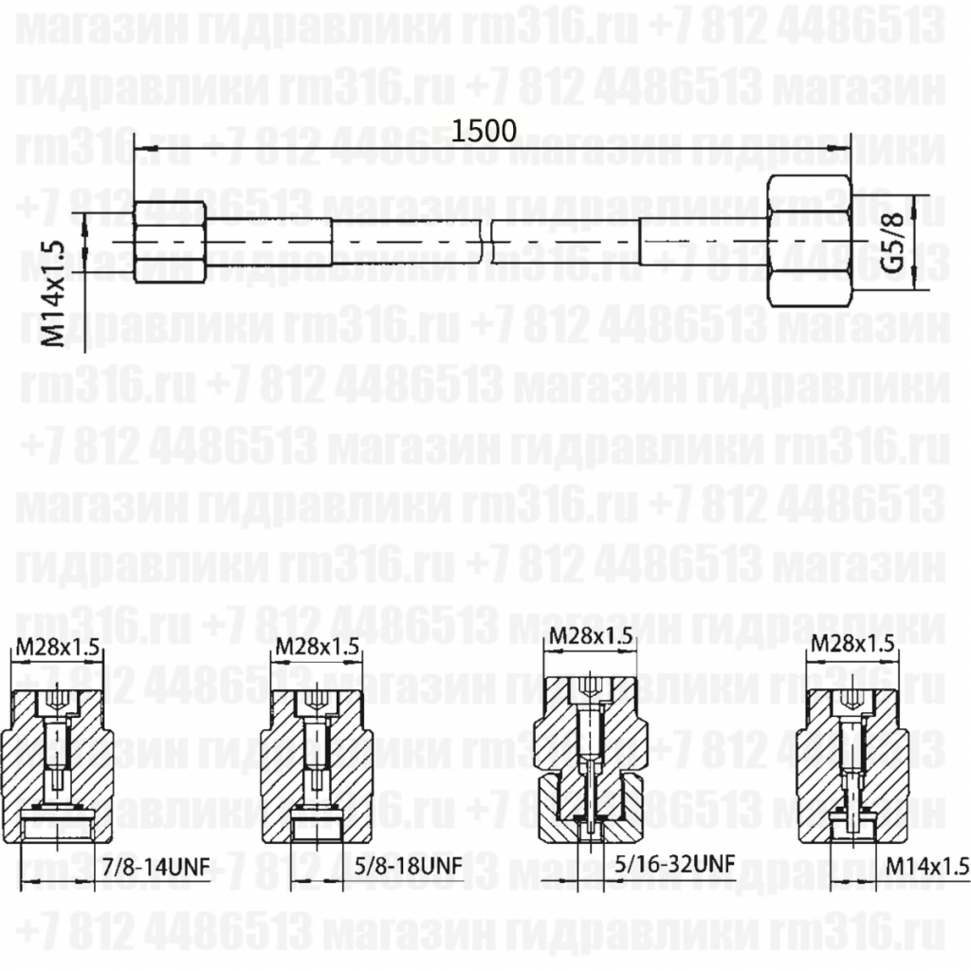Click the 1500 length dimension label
pos(484,130)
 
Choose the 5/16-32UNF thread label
pos(675,865)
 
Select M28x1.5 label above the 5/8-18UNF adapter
pos(318,648)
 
